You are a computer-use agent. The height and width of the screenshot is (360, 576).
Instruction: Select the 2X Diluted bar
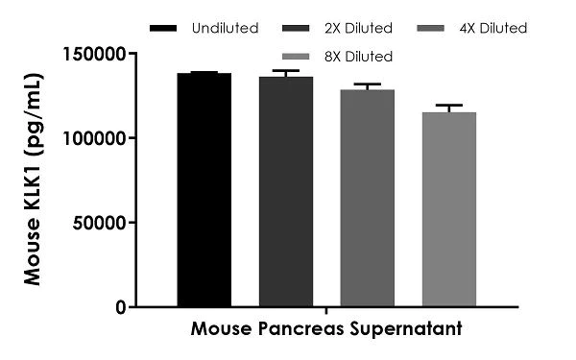285,192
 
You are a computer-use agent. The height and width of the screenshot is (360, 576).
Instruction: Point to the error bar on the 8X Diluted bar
449,108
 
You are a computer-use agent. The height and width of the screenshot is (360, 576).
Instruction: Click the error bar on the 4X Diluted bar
368,86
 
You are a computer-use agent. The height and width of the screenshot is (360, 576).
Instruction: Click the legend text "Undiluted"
225,28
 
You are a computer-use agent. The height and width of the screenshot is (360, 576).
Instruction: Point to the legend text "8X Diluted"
359,57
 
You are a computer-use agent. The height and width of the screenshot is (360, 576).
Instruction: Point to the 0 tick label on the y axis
120,307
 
